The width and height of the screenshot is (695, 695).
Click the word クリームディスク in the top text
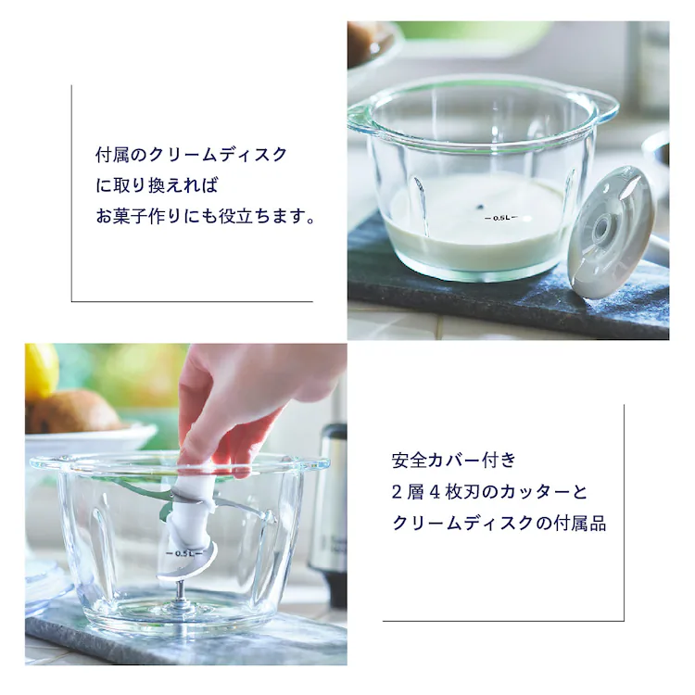click(x=218, y=155)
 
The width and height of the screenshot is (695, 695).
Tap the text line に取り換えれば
click(x=158, y=185)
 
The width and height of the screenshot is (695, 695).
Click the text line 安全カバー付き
click(x=454, y=461)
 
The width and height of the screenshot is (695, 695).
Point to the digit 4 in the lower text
click(x=435, y=492)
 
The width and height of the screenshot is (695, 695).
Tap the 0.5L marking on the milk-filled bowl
click(x=500, y=218)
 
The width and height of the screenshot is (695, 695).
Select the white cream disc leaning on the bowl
click(x=612, y=233)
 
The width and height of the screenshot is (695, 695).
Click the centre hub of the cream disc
click(x=601, y=229)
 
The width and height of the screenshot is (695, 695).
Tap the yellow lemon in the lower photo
click(x=41, y=373)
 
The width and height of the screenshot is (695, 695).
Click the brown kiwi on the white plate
click(x=73, y=412)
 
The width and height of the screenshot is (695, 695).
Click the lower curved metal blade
click(x=188, y=566)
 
